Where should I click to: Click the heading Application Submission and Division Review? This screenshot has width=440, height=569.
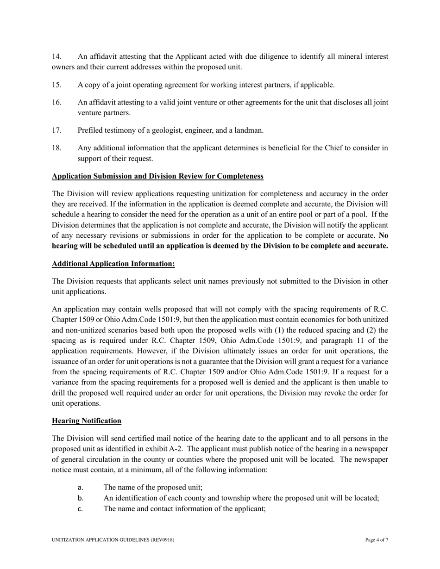tap(157, 176)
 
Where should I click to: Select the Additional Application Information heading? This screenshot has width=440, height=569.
tap(113, 264)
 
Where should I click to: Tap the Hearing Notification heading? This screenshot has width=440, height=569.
tap(87, 421)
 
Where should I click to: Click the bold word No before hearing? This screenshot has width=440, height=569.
tap(383, 235)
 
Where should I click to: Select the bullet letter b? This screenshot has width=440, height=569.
tap(80, 498)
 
